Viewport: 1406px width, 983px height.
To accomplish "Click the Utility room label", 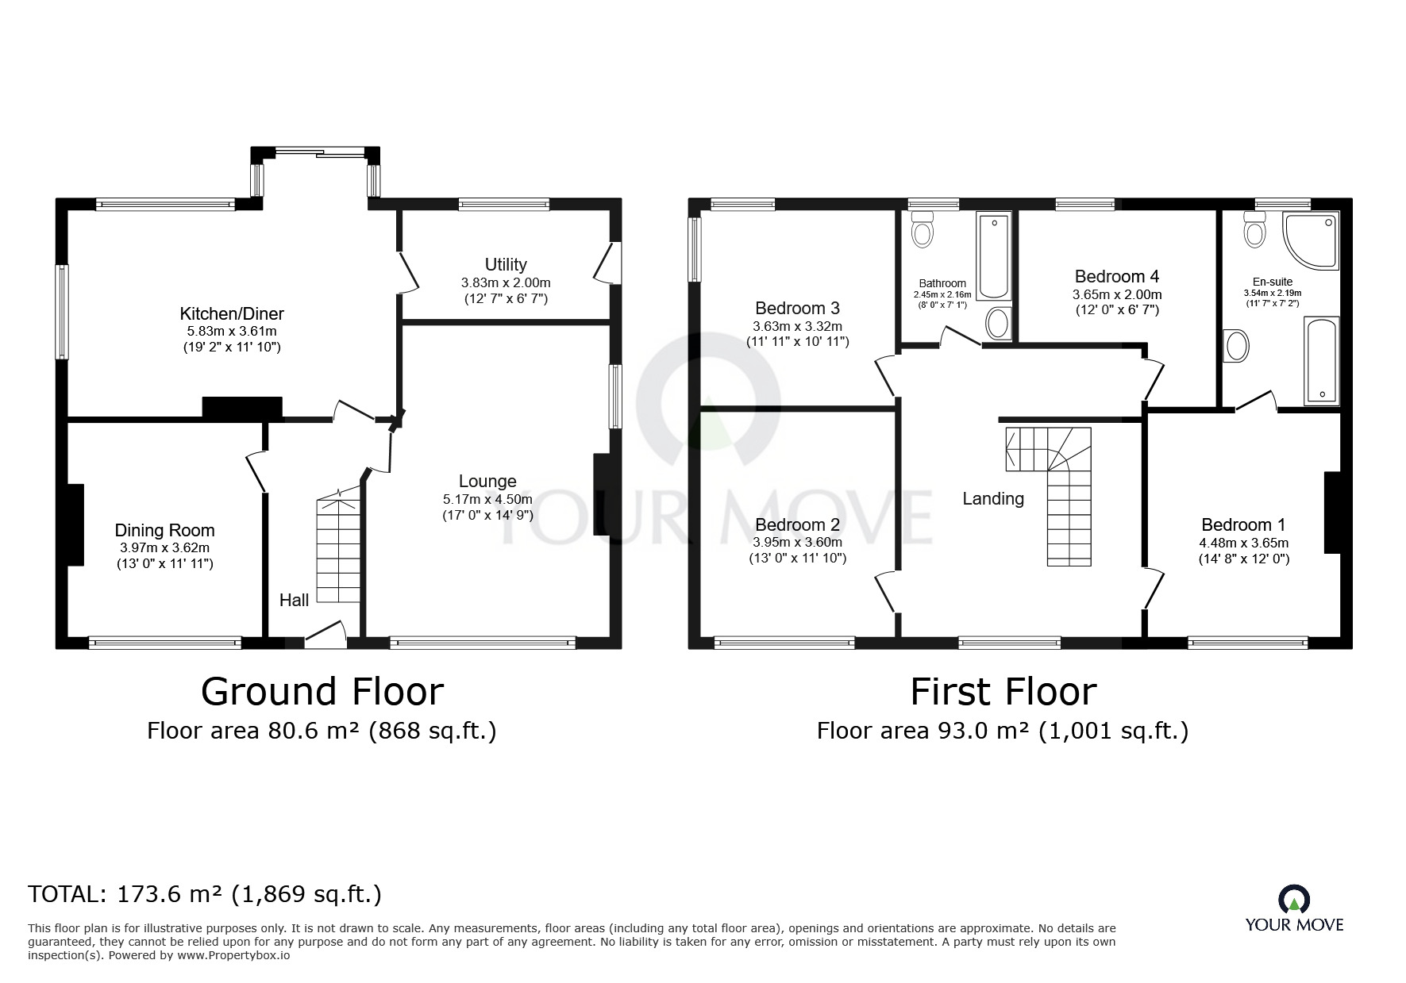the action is [x=506, y=264].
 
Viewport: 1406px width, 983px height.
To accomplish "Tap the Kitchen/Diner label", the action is [x=232, y=313].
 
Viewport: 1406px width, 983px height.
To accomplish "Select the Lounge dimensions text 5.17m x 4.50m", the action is [x=487, y=499].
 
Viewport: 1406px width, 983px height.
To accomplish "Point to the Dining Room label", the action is [x=164, y=530].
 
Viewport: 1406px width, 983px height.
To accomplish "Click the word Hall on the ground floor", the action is [x=294, y=601].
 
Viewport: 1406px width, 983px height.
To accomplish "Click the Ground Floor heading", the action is [x=322, y=691].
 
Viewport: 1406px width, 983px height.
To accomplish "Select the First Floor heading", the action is [x=1003, y=691].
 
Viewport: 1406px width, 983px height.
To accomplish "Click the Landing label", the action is [x=993, y=498].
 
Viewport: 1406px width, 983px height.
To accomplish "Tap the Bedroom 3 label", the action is [x=797, y=308].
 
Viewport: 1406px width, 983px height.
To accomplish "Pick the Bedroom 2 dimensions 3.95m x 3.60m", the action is [x=797, y=543].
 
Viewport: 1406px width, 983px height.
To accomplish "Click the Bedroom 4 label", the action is [x=1116, y=276].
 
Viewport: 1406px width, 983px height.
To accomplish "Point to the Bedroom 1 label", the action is [x=1243, y=524].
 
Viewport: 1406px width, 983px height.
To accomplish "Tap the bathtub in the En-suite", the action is [x=1321, y=361].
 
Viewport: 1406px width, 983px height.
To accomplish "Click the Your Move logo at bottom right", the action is [x=1294, y=908].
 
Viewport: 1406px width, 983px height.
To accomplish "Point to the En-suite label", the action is [x=1273, y=282].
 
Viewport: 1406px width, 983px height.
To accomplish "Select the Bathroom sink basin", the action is [x=997, y=323].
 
